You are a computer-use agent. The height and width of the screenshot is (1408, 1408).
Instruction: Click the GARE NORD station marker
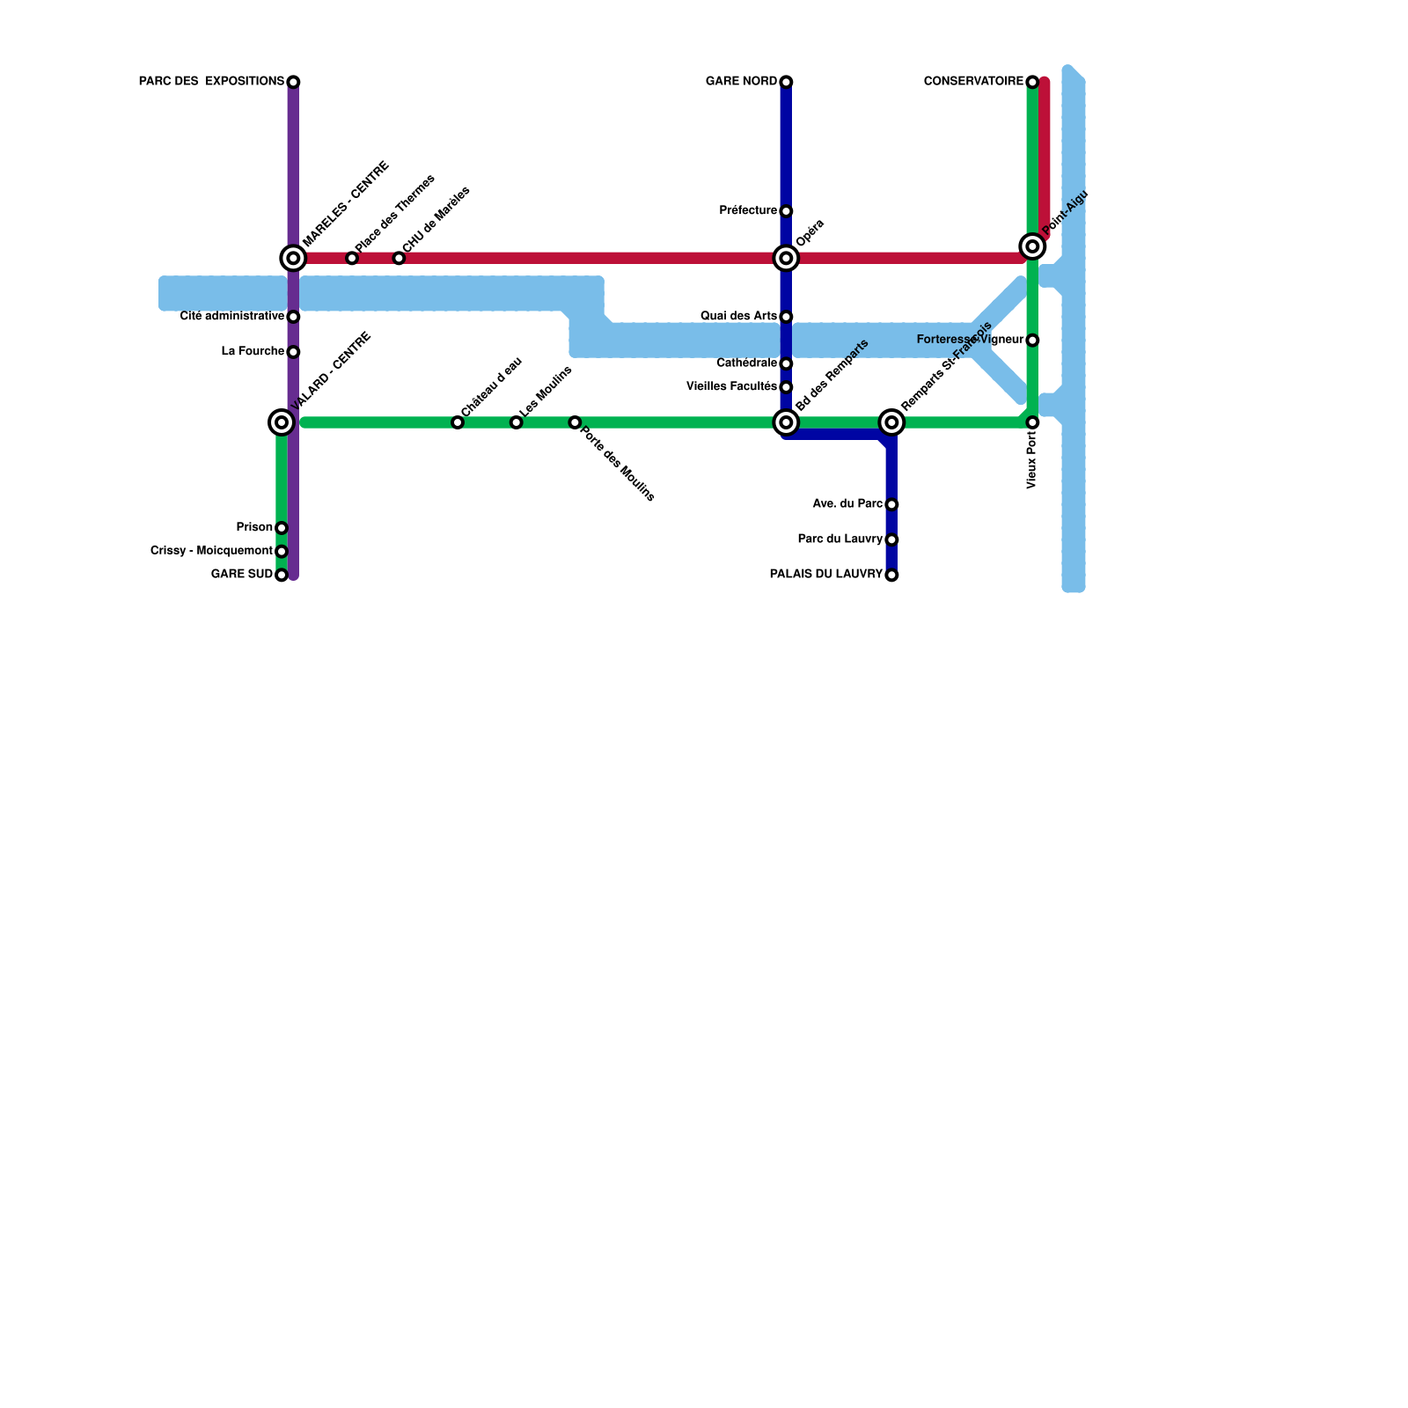click(786, 82)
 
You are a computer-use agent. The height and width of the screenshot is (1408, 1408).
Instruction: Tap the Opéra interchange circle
click(786, 258)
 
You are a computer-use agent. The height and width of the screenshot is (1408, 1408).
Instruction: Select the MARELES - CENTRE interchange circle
click(293, 258)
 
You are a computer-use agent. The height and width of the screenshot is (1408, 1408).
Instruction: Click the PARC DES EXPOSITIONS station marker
click(293, 82)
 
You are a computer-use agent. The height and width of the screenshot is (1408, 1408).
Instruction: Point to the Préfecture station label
click(748, 210)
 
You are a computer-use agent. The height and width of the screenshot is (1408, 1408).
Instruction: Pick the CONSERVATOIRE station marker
click(1032, 82)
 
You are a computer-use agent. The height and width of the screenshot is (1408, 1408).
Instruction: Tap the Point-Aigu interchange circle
click(1032, 246)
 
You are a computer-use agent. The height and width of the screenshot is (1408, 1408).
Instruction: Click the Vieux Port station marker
click(1032, 422)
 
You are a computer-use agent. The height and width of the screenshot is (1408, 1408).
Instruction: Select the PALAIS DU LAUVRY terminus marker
click(891, 576)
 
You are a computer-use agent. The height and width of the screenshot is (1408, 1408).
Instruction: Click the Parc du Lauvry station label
click(840, 539)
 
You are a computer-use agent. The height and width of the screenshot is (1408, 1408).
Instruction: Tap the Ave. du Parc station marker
click(891, 504)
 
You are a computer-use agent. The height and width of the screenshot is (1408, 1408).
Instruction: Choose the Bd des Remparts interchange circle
click(786, 422)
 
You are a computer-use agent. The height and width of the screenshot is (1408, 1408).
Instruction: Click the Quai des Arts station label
click(738, 316)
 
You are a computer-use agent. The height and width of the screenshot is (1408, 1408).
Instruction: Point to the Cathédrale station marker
click(786, 363)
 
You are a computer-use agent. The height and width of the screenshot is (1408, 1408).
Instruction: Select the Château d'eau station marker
click(458, 422)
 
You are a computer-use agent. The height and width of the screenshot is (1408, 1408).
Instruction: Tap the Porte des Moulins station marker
click(575, 422)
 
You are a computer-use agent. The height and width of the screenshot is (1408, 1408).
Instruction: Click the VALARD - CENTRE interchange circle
click(282, 422)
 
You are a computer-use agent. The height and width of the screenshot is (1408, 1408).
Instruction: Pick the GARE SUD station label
click(242, 575)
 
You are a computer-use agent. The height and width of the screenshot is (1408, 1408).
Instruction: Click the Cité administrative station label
click(231, 316)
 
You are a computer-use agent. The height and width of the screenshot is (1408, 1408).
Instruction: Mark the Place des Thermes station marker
click(352, 258)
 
